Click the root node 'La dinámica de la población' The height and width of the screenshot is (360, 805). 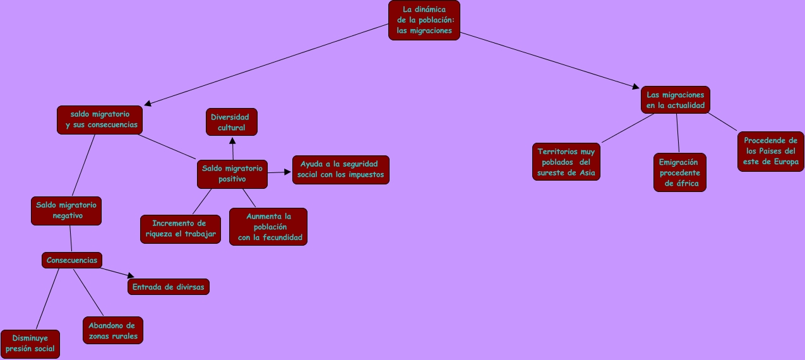tap(424, 20)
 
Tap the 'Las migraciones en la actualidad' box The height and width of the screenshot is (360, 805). tap(675, 100)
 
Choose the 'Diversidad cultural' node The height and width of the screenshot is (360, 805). tap(232, 122)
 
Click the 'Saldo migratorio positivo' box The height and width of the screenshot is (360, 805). tap(232, 174)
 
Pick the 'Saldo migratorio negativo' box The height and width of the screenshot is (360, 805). tap(66, 210)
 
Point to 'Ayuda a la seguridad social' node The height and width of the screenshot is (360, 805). tap(340, 169)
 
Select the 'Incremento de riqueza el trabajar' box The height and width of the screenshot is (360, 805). tap(180, 229)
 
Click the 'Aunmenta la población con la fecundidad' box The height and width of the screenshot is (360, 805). tap(268, 227)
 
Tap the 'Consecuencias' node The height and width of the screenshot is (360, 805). tap(72, 260)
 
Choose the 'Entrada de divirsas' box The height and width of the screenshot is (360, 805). tap(169, 286)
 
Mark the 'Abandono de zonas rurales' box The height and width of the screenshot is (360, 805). tap(112, 330)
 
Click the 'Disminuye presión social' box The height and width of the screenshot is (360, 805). tap(30, 344)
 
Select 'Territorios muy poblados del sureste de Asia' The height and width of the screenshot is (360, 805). tap(566, 162)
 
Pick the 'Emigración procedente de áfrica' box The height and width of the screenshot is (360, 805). tap(679, 172)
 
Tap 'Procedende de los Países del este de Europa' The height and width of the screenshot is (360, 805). tap(770, 151)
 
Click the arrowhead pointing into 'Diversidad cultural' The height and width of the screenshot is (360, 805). tap(232, 140)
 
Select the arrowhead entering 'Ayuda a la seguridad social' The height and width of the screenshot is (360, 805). tap(287, 171)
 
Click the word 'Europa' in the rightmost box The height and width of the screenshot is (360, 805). tap(785, 162)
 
